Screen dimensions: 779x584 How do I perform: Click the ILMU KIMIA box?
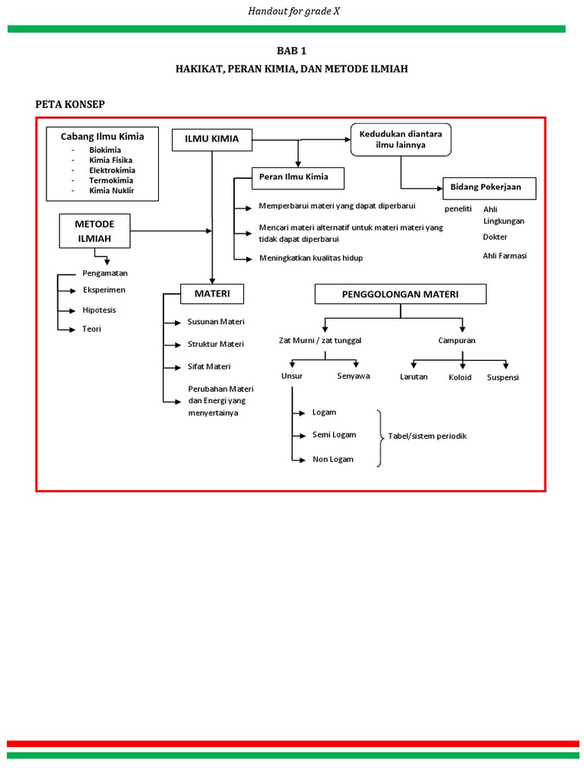point(211,139)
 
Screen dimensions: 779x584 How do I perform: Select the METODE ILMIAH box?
point(94,231)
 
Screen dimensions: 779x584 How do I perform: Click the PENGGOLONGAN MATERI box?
point(401,294)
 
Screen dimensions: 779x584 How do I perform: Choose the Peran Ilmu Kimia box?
point(298,178)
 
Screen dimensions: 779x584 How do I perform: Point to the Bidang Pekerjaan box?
point(489,188)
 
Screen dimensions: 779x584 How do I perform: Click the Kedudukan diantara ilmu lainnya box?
point(401,138)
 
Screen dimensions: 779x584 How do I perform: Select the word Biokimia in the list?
point(105,150)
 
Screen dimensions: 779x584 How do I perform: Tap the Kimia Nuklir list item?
point(111,190)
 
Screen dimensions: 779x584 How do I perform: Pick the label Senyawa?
point(354,377)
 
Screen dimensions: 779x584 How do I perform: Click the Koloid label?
point(460,377)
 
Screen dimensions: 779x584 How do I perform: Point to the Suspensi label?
point(503,377)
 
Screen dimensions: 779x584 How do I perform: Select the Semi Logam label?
point(334,435)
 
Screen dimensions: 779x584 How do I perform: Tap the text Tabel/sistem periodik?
point(427,436)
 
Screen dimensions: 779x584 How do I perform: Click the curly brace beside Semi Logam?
point(379,437)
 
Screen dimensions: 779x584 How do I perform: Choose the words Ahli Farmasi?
point(504,256)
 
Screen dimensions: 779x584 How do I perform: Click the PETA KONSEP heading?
point(70,104)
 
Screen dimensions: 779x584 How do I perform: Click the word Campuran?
point(456,341)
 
